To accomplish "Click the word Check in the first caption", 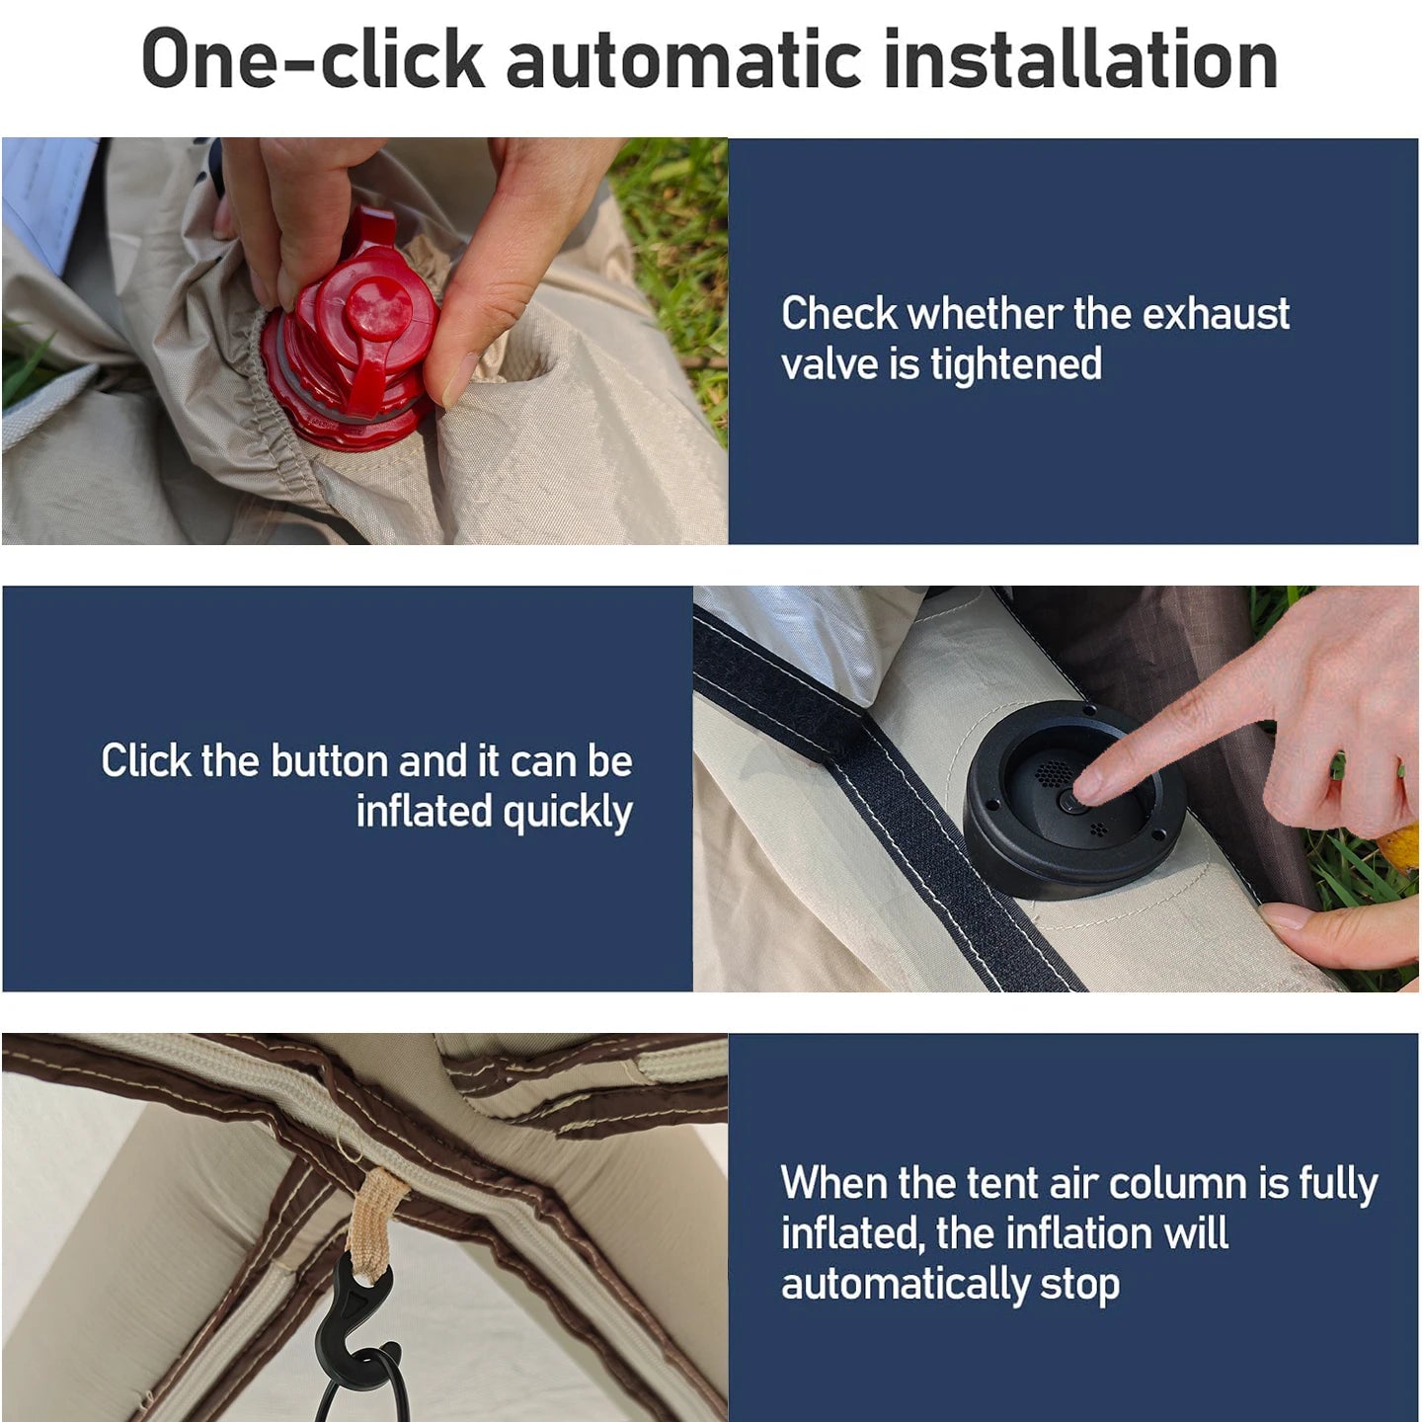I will (839, 314).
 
